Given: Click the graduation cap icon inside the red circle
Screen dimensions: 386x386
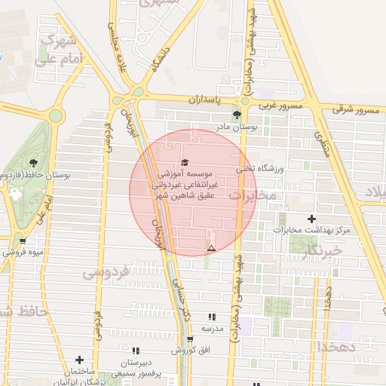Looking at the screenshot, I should [x=185, y=163].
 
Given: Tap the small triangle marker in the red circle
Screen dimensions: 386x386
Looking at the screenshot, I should [x=211, y=248].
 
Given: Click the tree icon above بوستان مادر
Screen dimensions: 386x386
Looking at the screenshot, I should [x=237, y=115].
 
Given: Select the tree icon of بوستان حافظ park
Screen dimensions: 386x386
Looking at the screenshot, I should [x=32, y=162].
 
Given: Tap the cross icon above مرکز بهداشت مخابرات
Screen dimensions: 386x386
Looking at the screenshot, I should [x=311, y=219].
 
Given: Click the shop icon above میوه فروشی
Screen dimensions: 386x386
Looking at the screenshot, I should [x=23, y=241].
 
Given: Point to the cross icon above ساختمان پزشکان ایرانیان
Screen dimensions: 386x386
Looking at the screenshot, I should [x=78, y=360].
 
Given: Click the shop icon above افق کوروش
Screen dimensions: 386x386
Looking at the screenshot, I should [x=190, y=339].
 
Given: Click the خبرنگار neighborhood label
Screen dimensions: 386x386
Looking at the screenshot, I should [x=322, y=250].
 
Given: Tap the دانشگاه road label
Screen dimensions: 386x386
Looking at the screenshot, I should [x=165, y=57].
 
